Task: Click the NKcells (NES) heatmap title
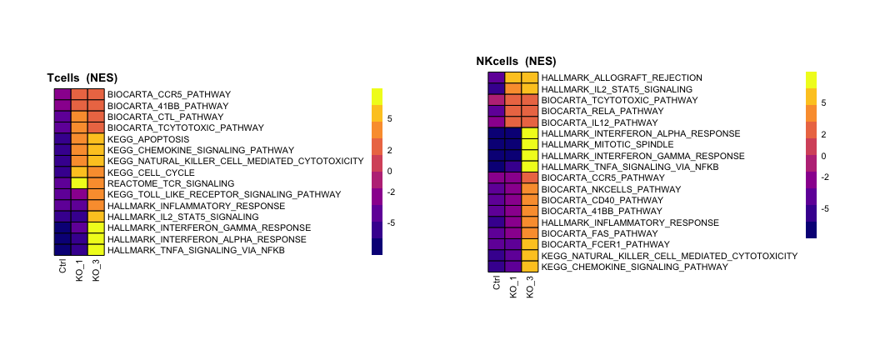(516, 61)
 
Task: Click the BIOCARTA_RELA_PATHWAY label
(591, 111)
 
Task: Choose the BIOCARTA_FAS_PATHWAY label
(588, 233)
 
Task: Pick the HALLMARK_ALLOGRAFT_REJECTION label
(622, 77)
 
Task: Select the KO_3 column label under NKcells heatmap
(530, 285)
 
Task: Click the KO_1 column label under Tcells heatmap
(79, 271)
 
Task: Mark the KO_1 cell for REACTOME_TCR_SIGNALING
(79, 183)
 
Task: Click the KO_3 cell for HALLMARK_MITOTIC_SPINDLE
(530, 144)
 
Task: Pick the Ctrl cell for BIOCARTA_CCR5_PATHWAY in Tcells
(62, 94)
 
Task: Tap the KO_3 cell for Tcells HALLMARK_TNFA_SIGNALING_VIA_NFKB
(96, 250)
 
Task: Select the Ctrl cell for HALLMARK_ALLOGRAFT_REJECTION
(497, 77)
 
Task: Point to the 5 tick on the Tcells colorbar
(389, 119)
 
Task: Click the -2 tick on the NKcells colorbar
(823, 177)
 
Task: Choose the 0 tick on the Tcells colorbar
(389, 171)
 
